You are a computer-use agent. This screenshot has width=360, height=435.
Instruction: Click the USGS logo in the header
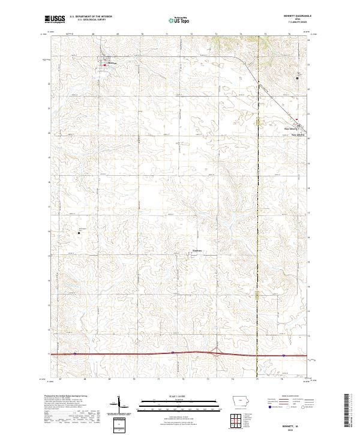pos(55,20)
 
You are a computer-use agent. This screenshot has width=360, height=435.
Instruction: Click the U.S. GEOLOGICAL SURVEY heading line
pos(91,20)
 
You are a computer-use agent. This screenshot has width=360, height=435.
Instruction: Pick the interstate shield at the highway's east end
pos(283,355)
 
